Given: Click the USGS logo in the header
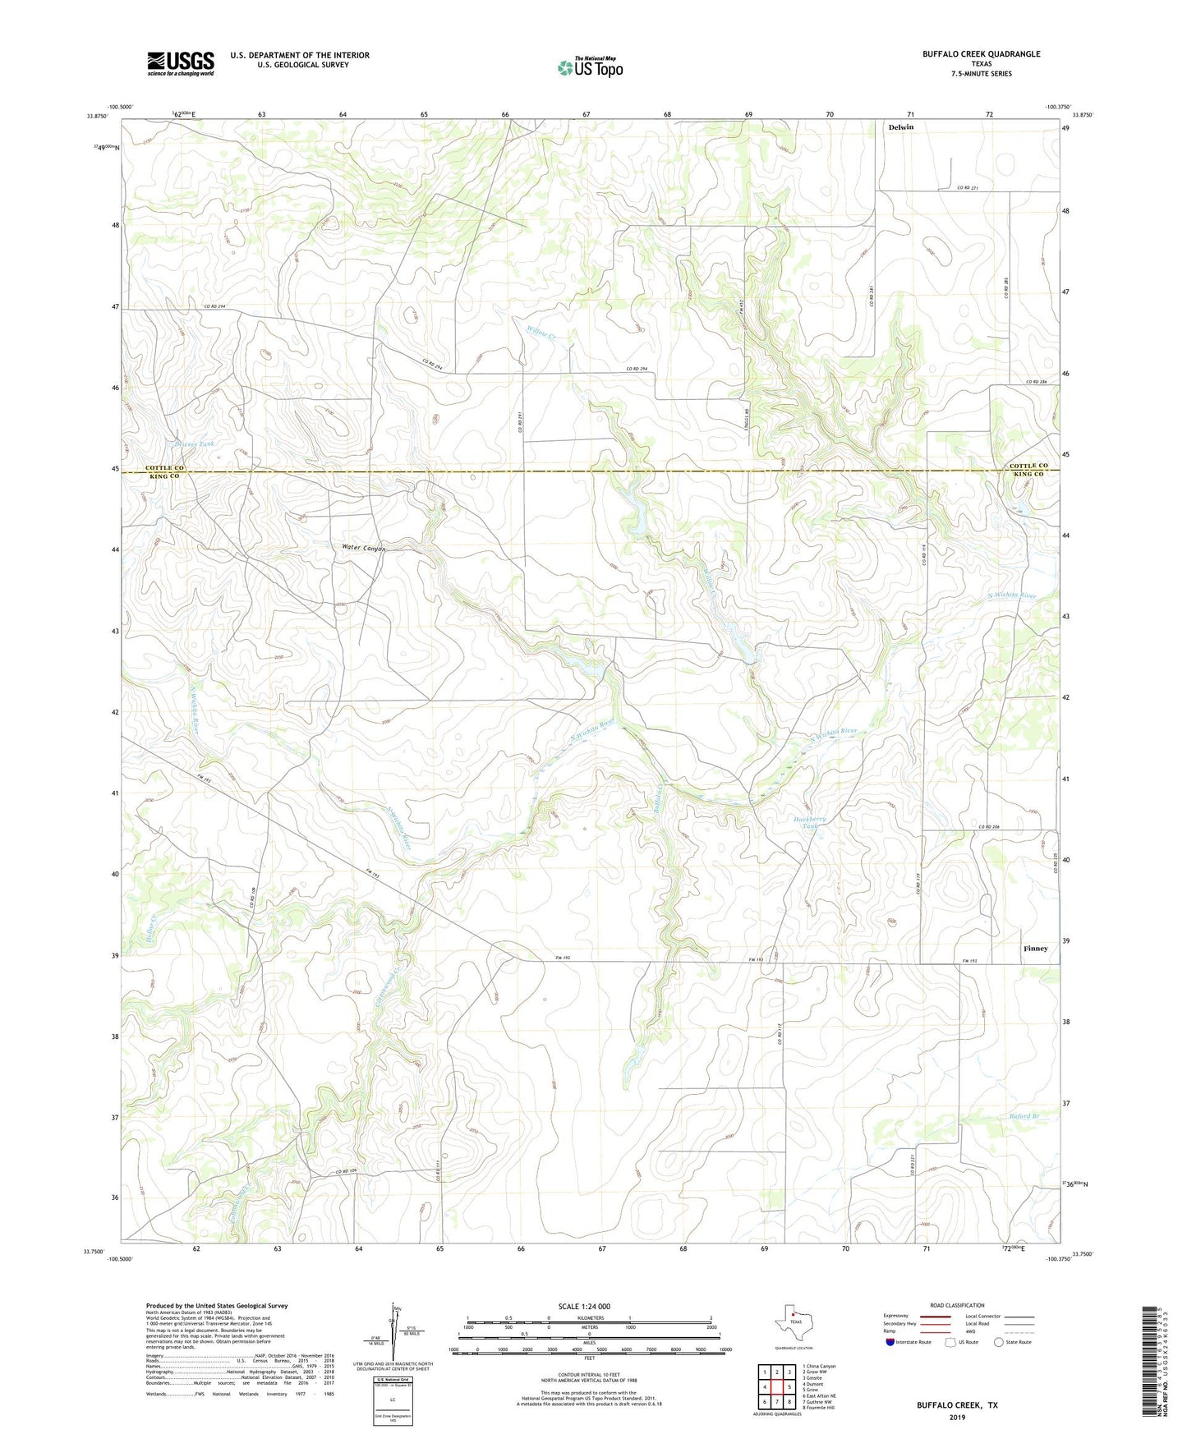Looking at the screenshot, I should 180,63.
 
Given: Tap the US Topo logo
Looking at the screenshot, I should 590,67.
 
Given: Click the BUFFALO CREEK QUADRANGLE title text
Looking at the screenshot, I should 981,54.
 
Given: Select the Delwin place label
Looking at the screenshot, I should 900,127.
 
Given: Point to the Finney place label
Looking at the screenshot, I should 1035,949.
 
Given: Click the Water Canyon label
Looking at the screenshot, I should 363,548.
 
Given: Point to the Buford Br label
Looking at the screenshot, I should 1024,1116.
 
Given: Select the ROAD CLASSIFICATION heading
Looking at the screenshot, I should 957,1305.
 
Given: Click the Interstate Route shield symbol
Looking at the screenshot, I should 890,1342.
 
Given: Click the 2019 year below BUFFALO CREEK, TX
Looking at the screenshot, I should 957,1417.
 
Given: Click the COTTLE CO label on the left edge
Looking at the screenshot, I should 165,467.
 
